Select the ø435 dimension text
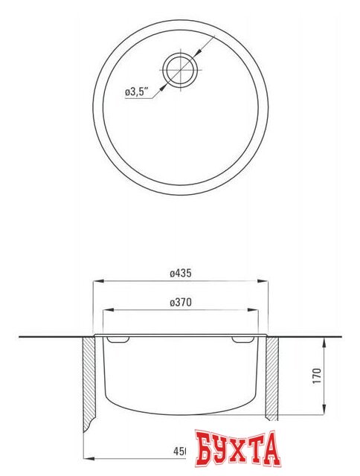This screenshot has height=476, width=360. [181, 274]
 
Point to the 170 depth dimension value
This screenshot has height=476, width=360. [317, 375]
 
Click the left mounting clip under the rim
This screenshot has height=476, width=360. [118, 340]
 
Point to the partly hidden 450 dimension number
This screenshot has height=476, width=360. [180, 451]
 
